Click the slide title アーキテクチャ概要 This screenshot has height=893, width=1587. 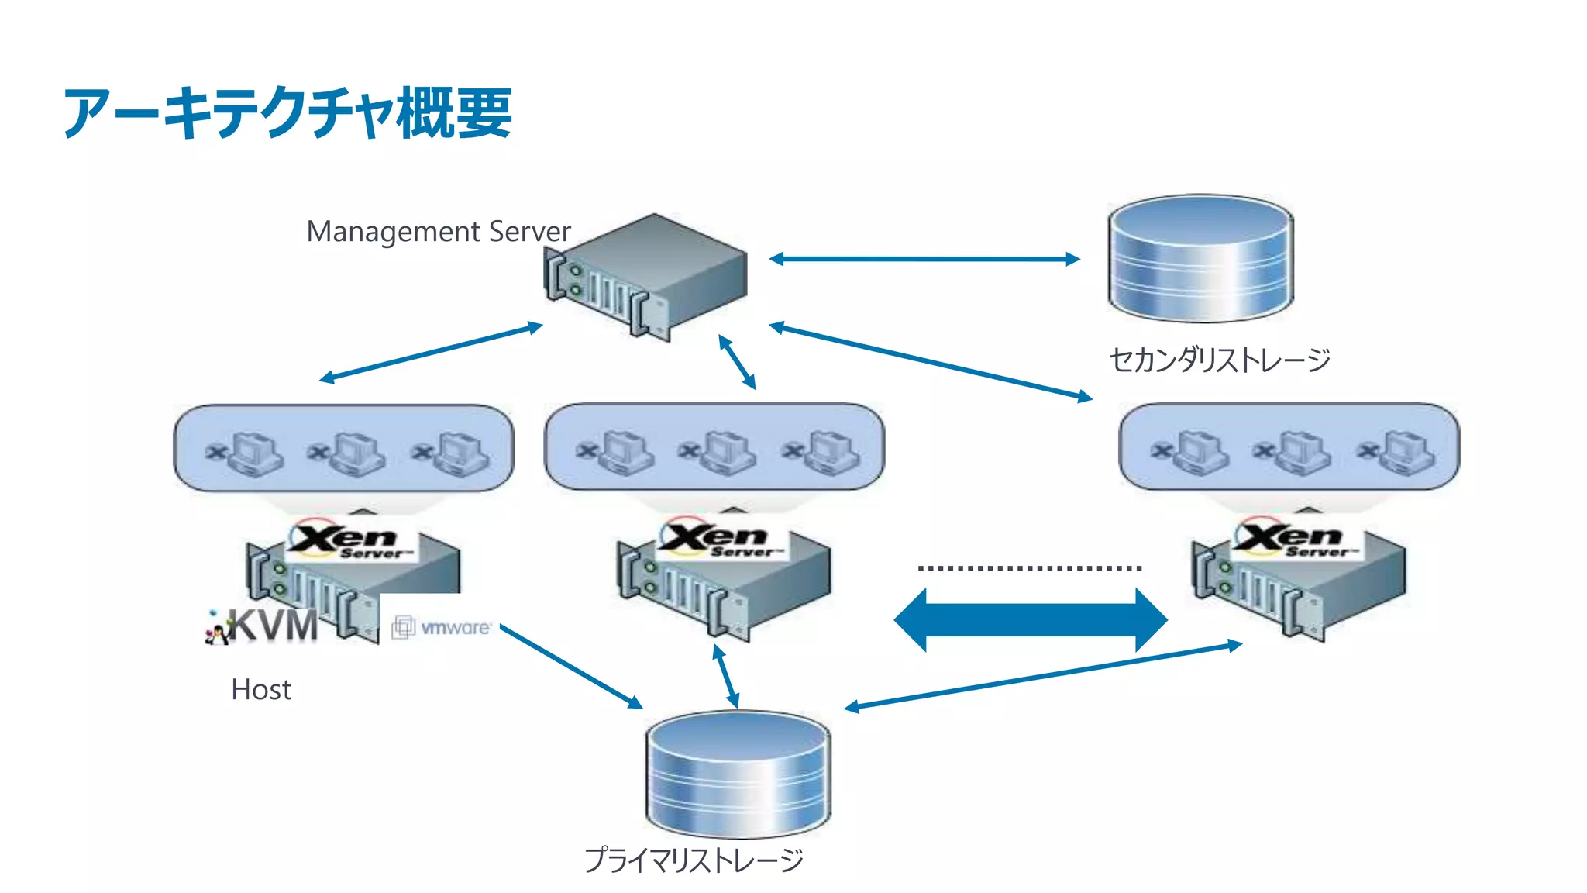287,113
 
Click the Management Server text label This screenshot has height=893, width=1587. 439,232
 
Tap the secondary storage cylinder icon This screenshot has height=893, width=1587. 1200,259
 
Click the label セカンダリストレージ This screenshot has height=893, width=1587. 1220,360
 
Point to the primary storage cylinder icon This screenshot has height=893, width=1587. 738,774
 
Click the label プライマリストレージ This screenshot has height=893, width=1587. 694,860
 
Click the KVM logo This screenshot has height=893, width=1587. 263,626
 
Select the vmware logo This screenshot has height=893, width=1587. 442,627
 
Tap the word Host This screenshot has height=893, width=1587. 261,689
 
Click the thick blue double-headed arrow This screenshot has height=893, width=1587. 1030,620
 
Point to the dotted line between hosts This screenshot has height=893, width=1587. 1029,568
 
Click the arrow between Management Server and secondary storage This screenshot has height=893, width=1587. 924,259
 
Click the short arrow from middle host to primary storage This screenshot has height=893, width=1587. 726,676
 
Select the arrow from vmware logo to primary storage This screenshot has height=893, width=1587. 571,667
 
